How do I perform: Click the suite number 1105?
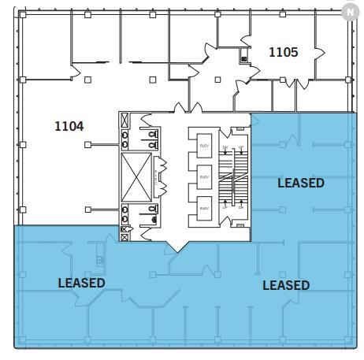point(283,53)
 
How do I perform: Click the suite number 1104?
point(69,125)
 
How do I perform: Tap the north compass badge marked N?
point(350,11)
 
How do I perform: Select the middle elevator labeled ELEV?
point(203,177)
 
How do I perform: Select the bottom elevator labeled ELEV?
point(203,209)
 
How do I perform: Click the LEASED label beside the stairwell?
point(300,183)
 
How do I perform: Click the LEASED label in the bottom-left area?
point(81,282)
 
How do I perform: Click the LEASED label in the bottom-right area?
point(285,284)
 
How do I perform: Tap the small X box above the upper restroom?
point(124,120)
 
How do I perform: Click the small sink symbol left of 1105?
point(244,58)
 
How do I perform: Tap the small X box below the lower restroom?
point(124,234)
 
